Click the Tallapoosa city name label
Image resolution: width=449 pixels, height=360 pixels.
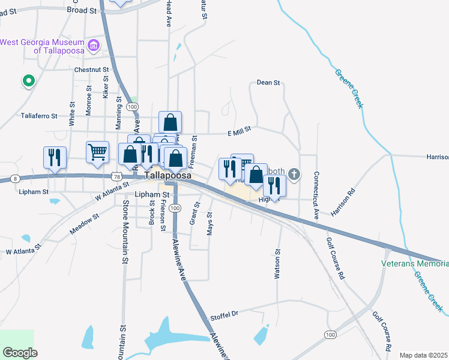pos(168,175)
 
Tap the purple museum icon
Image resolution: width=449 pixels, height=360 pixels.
pos(93,46)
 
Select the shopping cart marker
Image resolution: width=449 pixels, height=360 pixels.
pos(97,152)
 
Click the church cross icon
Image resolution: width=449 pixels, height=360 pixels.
pos(294,174)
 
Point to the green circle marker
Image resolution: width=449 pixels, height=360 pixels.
pos(27,80)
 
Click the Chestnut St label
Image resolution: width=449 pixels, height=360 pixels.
pos(91,70)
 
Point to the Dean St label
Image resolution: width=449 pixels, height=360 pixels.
pos(268,82)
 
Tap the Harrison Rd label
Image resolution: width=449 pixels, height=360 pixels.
pos(343,203)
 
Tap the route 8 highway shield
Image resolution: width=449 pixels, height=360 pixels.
pos(15,179)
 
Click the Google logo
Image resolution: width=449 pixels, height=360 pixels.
pos(20,352)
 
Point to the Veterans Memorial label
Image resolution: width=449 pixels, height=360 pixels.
pos(415,263)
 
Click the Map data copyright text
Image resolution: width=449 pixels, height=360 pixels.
pos(424,355)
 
